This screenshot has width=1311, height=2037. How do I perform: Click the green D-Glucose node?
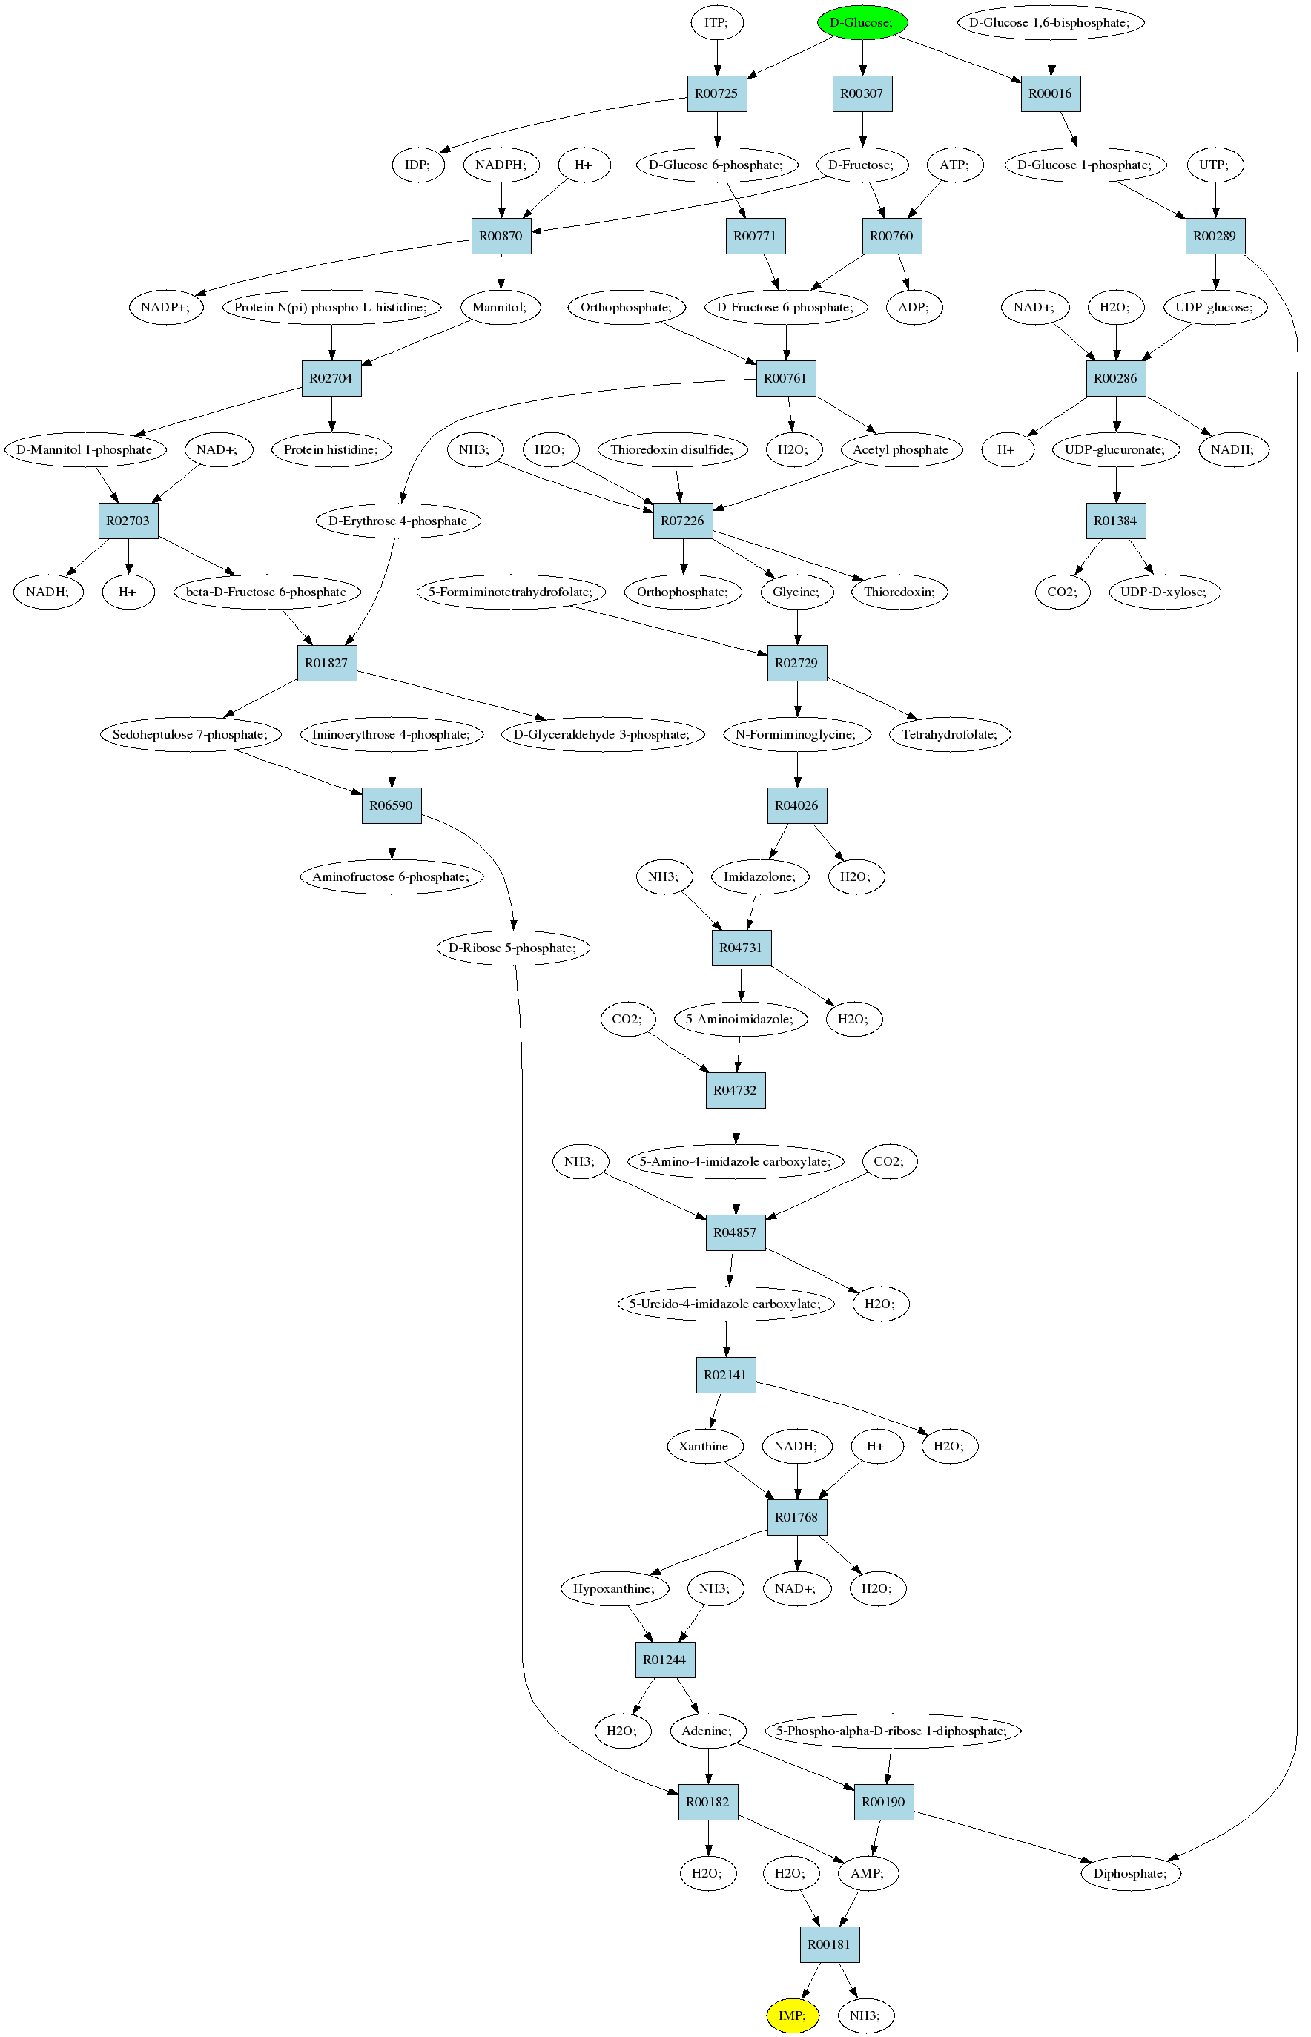coord(862,22)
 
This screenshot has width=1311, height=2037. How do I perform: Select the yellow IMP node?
coord(793,2015)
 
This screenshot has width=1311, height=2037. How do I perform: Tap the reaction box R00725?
coord(717,93)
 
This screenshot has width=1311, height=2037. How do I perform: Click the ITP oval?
coord(717,22)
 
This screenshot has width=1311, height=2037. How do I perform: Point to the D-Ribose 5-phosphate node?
coord(513,948)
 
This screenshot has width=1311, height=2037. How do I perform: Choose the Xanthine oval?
coord(704,1445)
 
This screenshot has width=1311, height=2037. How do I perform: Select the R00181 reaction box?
coord(829,1944)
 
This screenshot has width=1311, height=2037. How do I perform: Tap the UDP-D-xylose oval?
coord(1165,592)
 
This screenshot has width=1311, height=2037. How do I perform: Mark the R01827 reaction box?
coord(327,662)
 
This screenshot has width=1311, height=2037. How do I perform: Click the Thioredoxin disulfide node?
coord(673,449)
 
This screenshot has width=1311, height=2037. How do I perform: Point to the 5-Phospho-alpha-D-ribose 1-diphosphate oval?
coord(892,1731)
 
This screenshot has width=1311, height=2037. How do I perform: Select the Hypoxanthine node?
coord(615,1588)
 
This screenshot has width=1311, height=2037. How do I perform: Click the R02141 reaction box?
coord(726,1375)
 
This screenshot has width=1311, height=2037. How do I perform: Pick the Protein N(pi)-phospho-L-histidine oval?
coord(332,307)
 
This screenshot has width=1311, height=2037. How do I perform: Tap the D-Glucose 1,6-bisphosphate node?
coord(1051,22)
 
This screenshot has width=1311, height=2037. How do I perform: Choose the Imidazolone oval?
coord(760,876)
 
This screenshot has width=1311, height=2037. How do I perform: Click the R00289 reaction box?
coord(1215,236)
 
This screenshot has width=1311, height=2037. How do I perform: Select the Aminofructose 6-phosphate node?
coord(392,876)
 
